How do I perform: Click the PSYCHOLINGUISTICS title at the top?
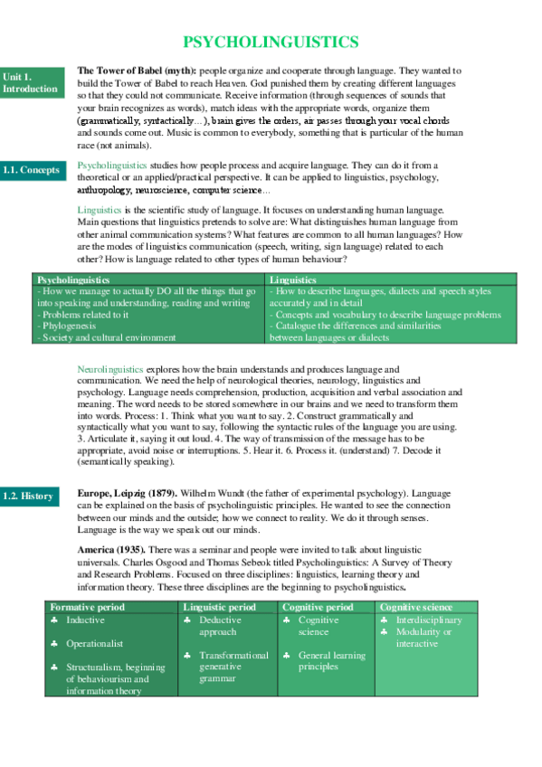click(271, 43)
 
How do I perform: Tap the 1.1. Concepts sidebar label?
click(33, 170)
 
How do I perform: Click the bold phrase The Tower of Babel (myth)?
click(136, 71)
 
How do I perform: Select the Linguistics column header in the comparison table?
click(293, 280)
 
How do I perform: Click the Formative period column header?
click(87, 607)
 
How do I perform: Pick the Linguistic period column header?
click(219, 607)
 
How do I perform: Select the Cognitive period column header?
click(318, 607)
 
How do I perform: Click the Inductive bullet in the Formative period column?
click(85, 620)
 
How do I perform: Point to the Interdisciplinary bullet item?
click(429, 620)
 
